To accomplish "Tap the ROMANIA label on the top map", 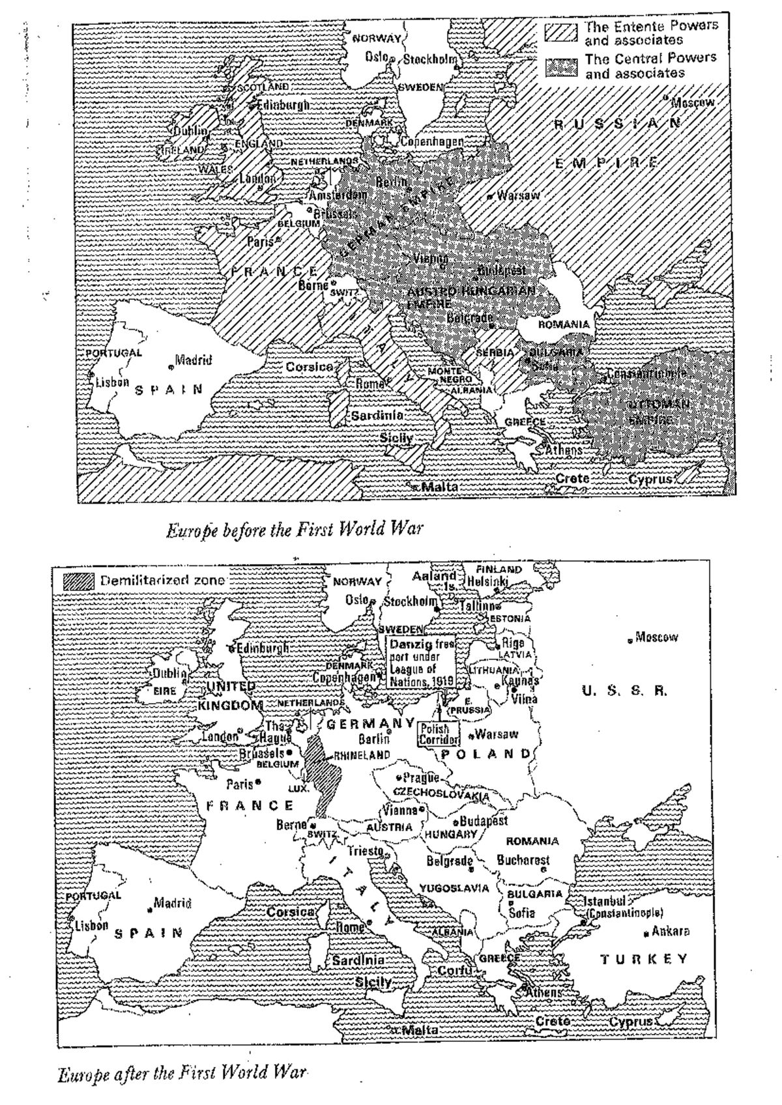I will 563,324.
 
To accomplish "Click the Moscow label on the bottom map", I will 656,637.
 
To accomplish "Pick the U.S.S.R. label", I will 624,691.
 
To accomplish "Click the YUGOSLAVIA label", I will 454,888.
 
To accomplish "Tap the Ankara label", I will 670,931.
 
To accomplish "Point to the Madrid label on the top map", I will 193,360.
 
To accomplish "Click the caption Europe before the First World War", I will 295,529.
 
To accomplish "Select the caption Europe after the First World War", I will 181,1072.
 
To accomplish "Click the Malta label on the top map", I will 440,487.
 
